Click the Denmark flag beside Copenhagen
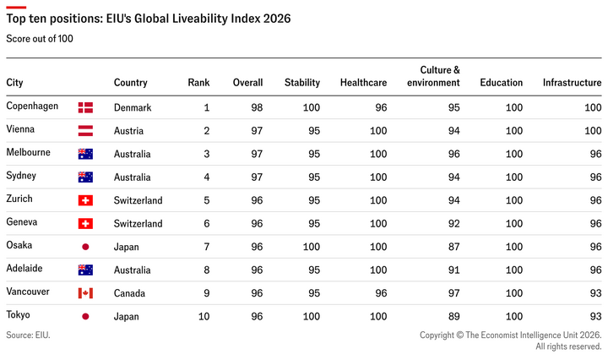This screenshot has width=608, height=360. [x=85, y=107]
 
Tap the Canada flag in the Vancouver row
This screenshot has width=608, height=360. [x=85, y=293]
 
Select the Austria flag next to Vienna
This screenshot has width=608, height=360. [x=85, y=131]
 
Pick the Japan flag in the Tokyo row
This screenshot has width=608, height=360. [x=85, y=317]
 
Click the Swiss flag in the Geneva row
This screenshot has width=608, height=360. [x=85, y=223]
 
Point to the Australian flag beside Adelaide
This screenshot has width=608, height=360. [x=85, y=270]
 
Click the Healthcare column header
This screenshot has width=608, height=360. [x=363, y=83]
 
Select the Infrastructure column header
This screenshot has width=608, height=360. [x=572, y=83]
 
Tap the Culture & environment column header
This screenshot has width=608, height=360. [x=433, y=76]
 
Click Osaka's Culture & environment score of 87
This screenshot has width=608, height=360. [x=454, y=247]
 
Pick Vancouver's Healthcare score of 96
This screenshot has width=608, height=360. [x=381, y=293]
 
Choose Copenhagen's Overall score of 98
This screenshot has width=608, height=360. [x=257, y=107]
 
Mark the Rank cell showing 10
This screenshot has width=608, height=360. [x=204, y=317]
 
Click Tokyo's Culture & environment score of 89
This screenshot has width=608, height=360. [x=454, y=317]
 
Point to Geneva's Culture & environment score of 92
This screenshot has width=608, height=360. [x=454, y=223]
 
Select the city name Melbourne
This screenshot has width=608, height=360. [x=29, y=152]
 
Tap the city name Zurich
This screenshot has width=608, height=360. [x=19, y=199]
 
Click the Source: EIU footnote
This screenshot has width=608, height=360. [x=29, y=335]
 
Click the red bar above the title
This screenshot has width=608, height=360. [x=16, y=7]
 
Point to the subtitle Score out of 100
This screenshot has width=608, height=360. [x=40, y=39]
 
